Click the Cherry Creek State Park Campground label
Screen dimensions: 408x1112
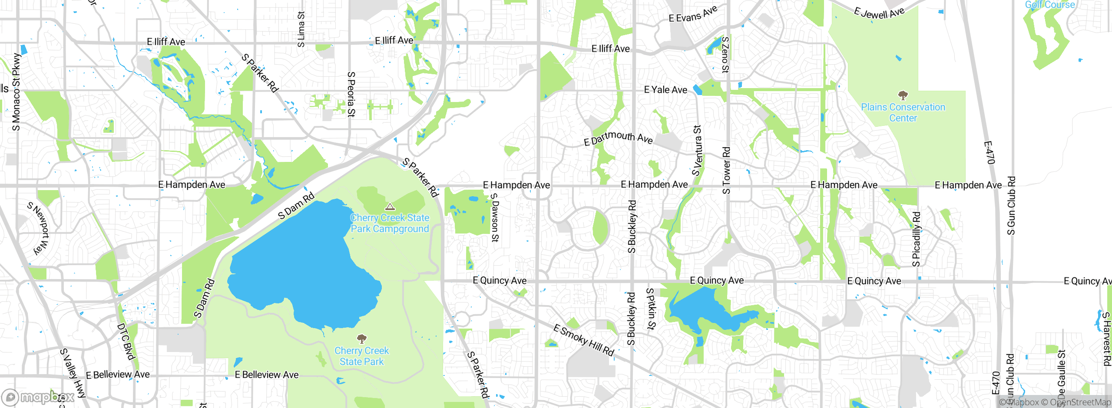click(x=390, y=224)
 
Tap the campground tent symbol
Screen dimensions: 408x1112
click(x=390, y=207)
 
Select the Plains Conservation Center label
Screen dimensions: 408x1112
click(x=903, y=112)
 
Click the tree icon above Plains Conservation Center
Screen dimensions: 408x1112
click(x=903, y=95)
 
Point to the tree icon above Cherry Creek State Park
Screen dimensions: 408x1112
click(x=361, y=339)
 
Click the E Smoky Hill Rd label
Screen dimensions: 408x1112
click(x=584, y=341)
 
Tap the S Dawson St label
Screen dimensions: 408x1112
click(x=495, y=217)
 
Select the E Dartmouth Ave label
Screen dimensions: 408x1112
click(x=618, y=138)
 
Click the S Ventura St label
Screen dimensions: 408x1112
click(x=697, y=151)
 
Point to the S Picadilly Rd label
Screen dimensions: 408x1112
click(x=916, y=239)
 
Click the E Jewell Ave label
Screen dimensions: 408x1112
click(x=879, y=13)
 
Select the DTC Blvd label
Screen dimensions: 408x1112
click(x=126, y=342)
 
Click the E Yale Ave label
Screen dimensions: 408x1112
click(x=665, y=90)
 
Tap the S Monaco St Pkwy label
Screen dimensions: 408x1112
click(x=16, y=92)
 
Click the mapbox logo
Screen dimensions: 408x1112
click(x=38, y=397)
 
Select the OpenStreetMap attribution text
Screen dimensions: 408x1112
click(x=1079, y=402)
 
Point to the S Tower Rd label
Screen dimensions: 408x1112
click(x=726, y=170)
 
